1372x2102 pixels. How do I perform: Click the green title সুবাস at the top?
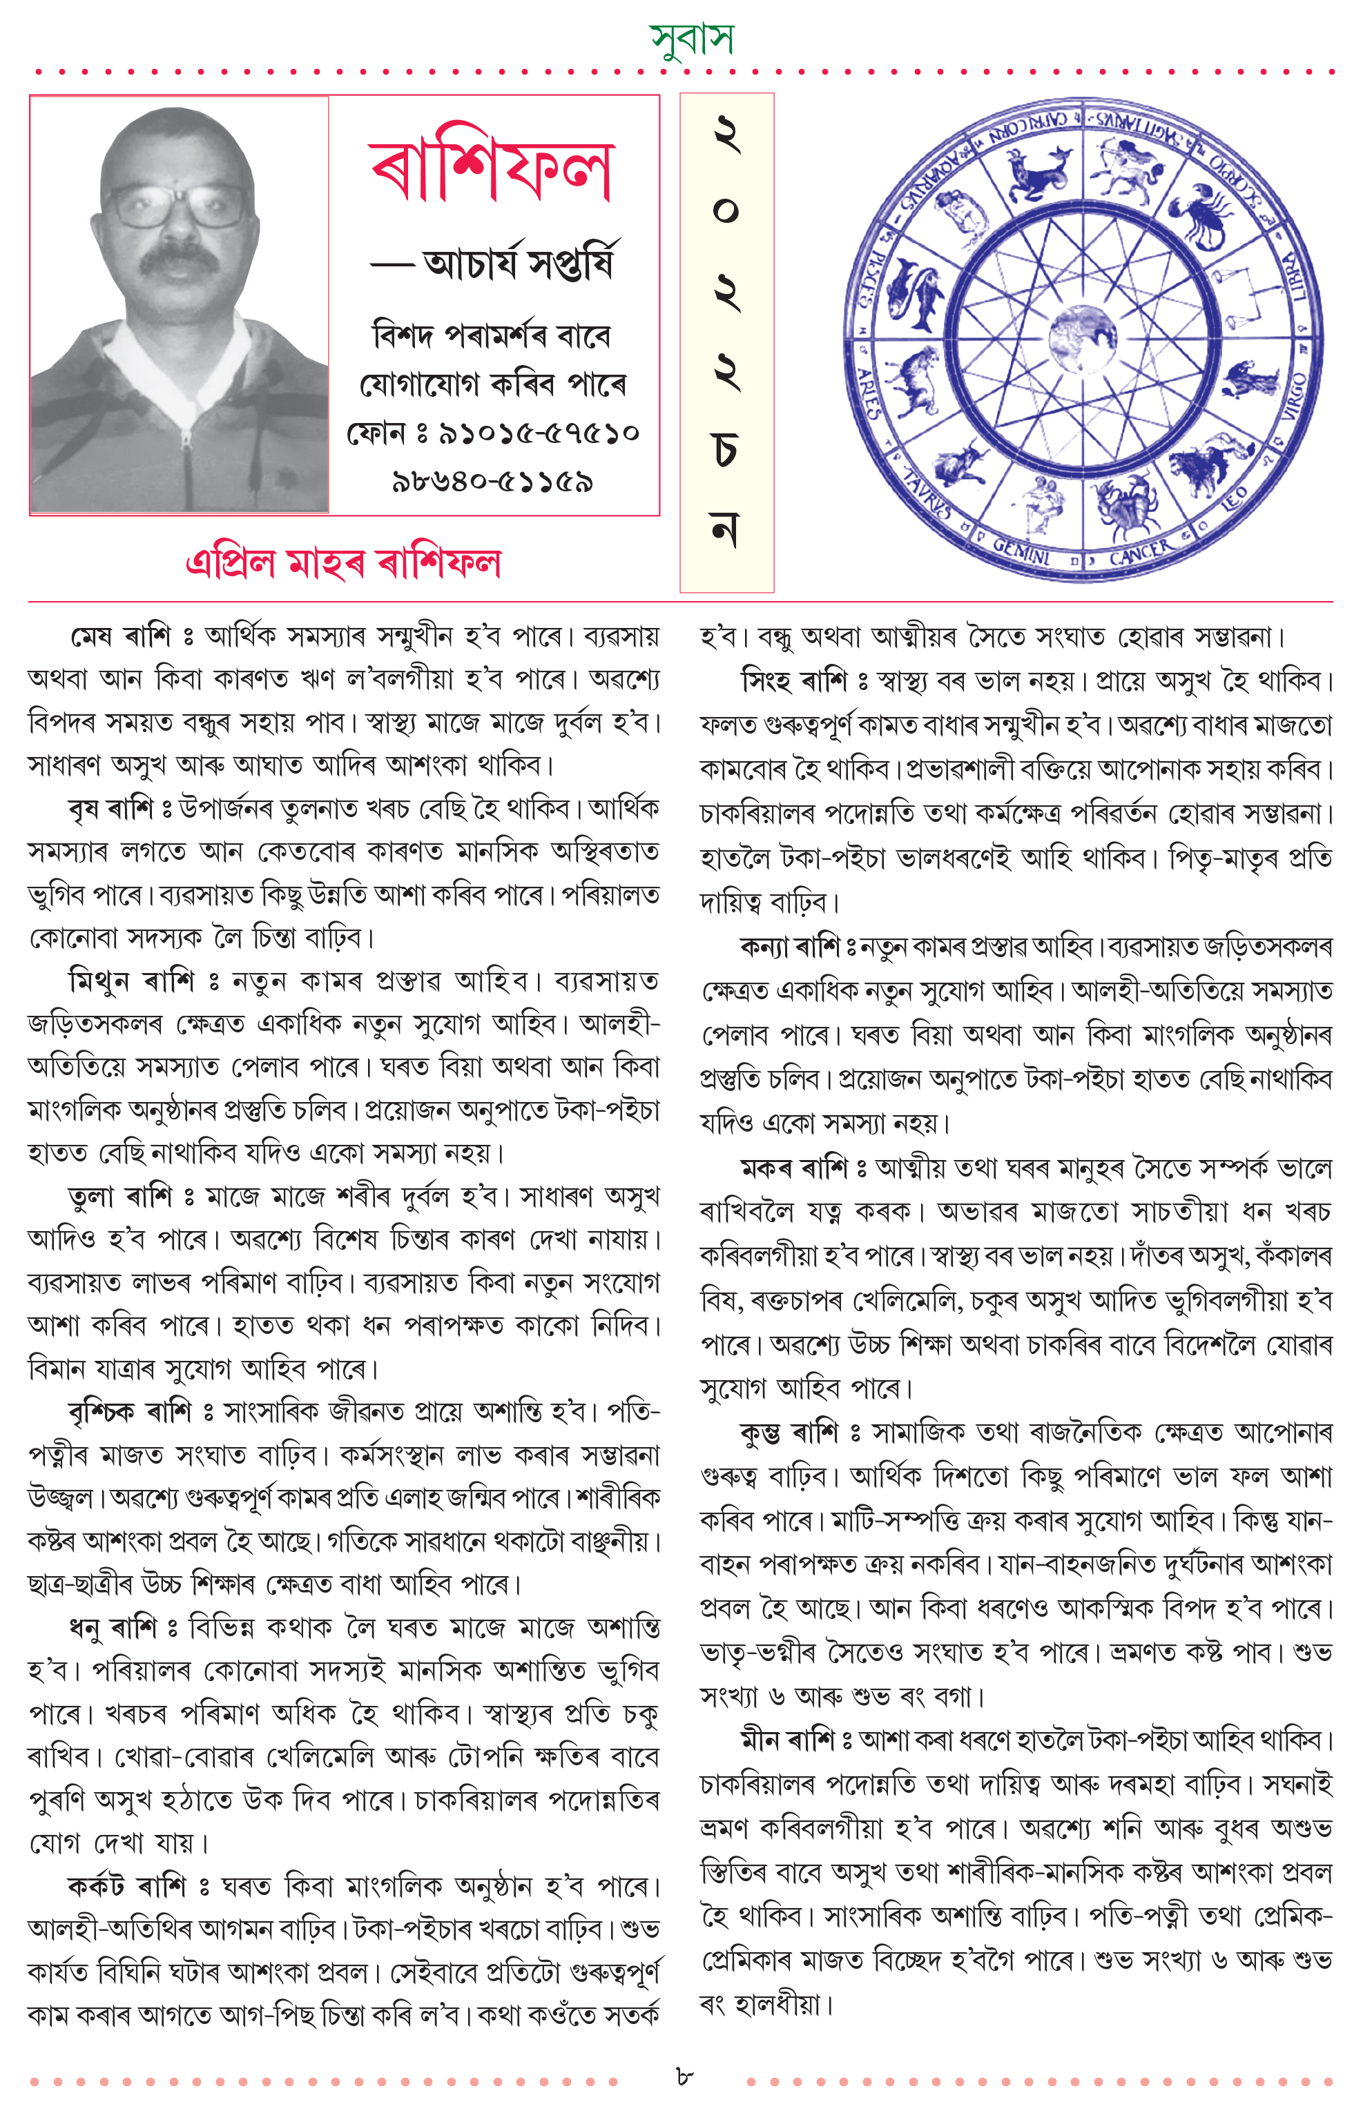point(691,38)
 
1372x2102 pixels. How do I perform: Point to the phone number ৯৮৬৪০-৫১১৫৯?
point(492,482)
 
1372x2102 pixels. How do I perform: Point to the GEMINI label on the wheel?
point(1022,551)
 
